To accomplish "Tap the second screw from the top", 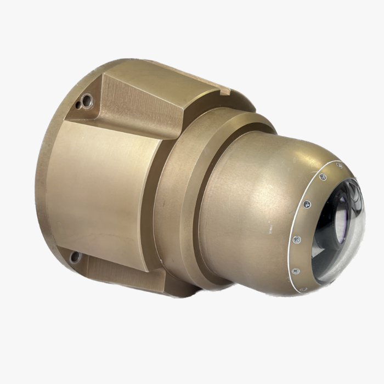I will pyautogui.click(x=323, y=177).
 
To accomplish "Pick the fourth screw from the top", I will pyautogui.click(x=297, y=239).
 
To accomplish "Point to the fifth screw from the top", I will pyautogui.click(x=295, y=270).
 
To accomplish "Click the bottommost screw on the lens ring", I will pyautogui.click(x=303, y=289).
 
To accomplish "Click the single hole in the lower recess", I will pyautogui.click(x=75, y=256).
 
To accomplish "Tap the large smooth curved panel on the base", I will pyautogui.click(x=104, y=192).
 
